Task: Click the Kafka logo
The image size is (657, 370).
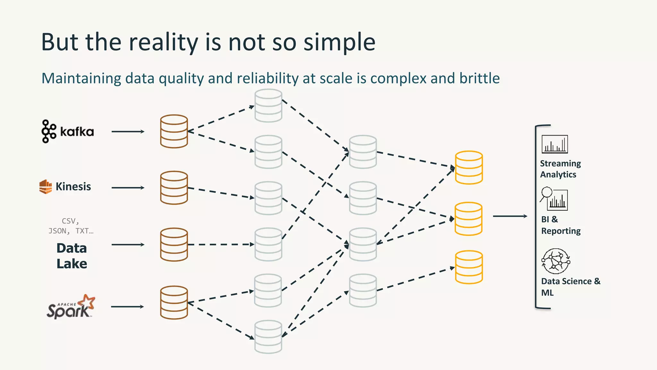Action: tap(67, 131)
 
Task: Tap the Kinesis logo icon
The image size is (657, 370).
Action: tap(46, 187)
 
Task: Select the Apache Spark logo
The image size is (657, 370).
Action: tap(71, 307)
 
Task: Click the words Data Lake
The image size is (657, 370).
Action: tap(72, 256)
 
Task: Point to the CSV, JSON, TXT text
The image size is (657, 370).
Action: tap(71, 226)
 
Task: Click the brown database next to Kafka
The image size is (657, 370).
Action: tap(174, 131)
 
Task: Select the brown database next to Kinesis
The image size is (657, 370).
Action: tap(174, 188)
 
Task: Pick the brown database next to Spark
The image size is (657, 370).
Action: tap(174, 303)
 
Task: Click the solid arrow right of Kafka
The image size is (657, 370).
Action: tap(128, 131)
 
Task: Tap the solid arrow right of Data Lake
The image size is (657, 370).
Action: tap(128, 245)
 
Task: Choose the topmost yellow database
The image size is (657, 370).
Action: tap(469, 167)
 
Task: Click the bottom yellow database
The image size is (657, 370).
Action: tap(469, 267)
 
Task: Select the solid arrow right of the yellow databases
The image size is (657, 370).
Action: tap(510, 216)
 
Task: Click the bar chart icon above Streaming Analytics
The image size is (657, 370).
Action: tap(555, 144)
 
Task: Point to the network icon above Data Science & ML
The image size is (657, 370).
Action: tap(556, 261)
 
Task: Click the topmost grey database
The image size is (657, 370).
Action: tap(269, 106)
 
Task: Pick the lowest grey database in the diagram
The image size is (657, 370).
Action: tap(269, 337)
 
